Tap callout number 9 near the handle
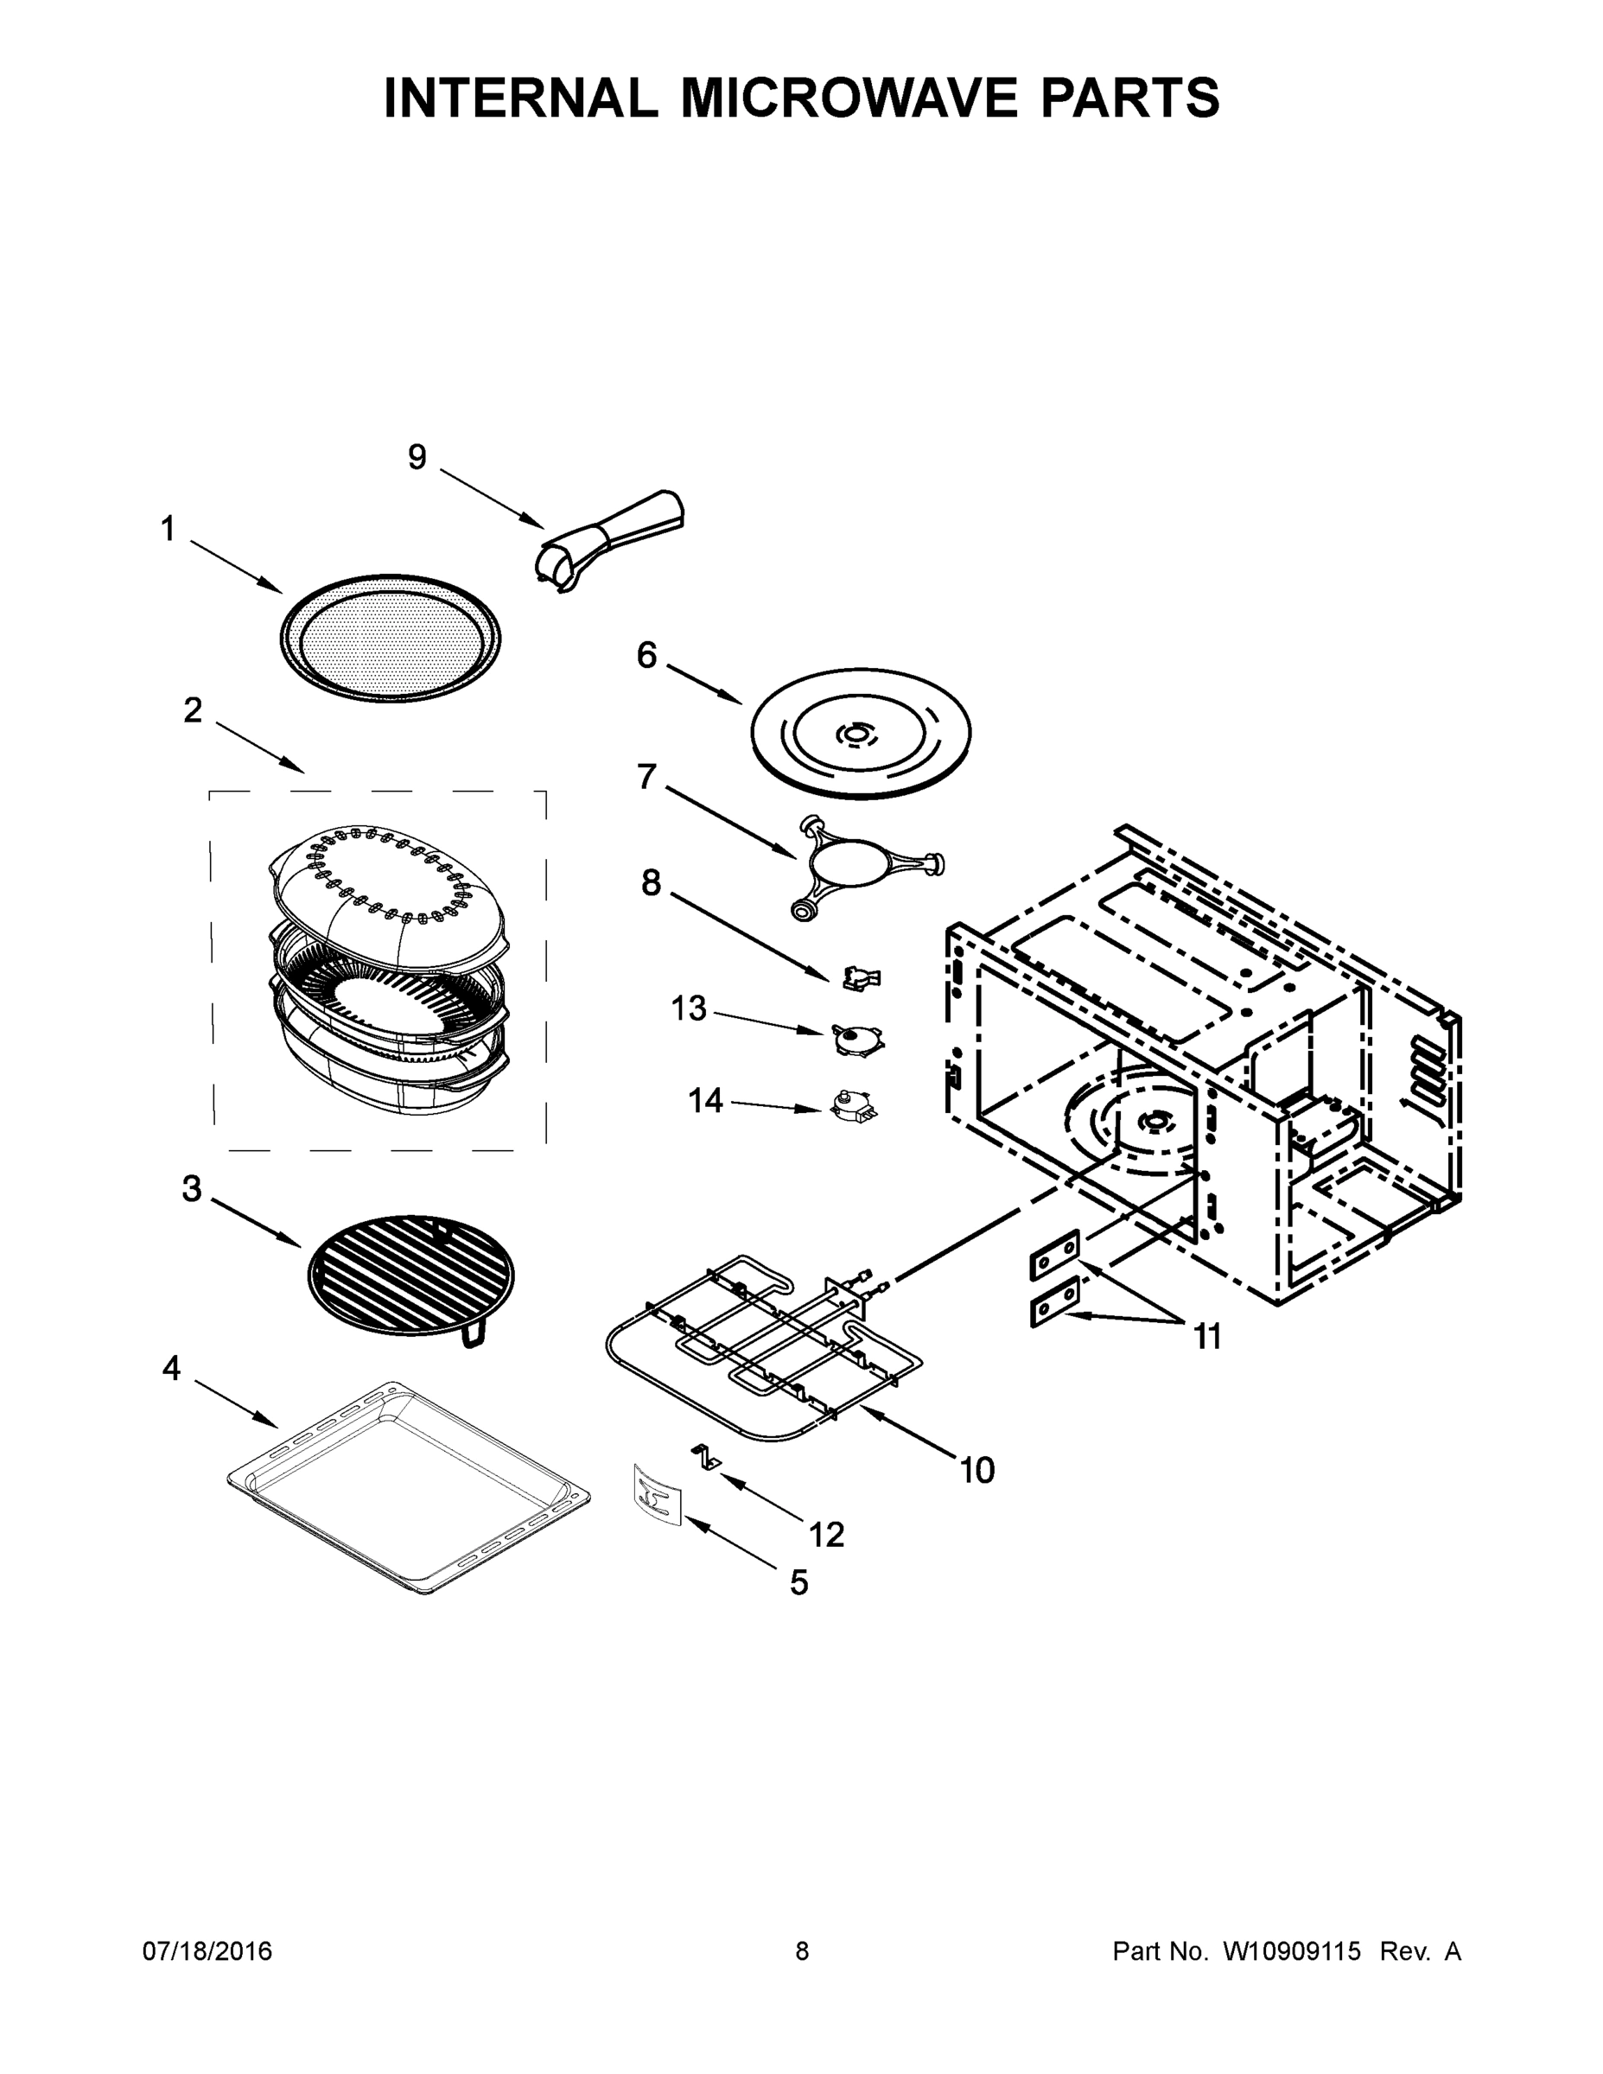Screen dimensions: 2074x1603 (417, 458)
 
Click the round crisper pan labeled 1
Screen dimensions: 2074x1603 (391, 638)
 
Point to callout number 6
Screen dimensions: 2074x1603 (646, 655)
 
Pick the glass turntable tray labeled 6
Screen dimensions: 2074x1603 (862, 732)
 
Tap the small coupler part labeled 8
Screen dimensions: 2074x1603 (862, 977)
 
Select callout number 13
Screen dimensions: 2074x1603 (690, 1008)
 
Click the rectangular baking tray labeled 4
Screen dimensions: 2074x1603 (409, 1486)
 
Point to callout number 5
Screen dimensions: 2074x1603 (798, 1582)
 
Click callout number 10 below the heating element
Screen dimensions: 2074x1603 (977, 1470)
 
